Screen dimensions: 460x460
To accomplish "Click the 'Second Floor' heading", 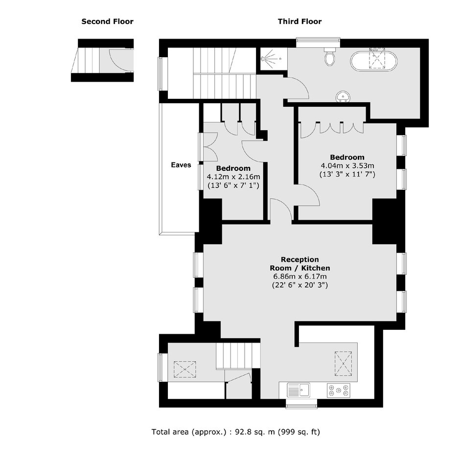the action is [x=107, y=22].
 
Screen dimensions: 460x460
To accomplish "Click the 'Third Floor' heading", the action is [x=299, y=22].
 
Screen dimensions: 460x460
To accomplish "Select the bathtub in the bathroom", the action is [x=374, y=61].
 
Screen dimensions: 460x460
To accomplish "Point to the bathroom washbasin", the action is [x=343, y=96].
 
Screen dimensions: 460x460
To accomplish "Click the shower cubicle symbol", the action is [x=272, y=58].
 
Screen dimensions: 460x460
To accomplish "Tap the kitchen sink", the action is [x=299, y=390].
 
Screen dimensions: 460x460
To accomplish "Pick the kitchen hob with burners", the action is [x=339, y=390].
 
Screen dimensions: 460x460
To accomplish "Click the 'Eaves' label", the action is [x=181, y=165].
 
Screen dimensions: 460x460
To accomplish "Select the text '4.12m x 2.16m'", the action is [x=233, y=177].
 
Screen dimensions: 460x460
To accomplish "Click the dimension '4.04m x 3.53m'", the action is [x=347, y=166].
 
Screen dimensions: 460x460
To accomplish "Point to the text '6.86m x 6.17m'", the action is [x=300, y=276].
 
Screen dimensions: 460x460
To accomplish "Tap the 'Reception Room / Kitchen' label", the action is [x=300, y=264].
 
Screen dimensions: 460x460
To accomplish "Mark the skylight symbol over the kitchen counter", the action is [x=343, y=364].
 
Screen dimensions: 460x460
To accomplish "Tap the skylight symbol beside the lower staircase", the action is [x=185, y=369].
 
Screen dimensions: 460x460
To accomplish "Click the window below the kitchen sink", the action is [x=301, y=404].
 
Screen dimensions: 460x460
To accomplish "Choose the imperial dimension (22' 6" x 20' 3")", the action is [x=300, y=285].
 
